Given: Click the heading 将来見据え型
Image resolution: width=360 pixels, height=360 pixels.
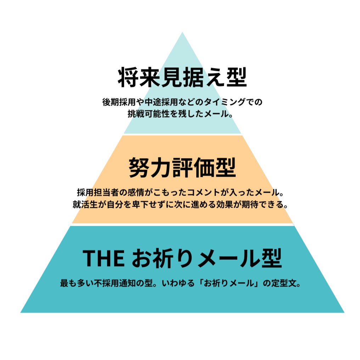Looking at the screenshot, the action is [182, 78].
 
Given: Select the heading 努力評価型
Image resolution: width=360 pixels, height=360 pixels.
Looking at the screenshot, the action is [182, 167].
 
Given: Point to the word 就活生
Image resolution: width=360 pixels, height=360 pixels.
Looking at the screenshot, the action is [85, 205].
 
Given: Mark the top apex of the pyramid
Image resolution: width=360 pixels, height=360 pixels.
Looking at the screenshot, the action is [182, 33].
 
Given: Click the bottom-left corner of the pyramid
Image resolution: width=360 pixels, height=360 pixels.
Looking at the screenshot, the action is [21, 312].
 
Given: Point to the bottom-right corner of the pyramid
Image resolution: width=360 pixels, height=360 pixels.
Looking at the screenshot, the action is [343, 312].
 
